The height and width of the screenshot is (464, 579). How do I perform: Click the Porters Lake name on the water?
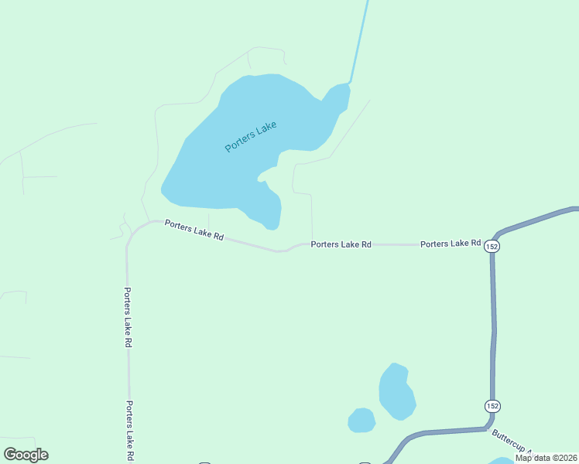tap(250, 136)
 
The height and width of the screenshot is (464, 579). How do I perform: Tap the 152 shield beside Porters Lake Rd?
tap(493, 244)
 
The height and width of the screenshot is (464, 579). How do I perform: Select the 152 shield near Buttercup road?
tap(492, 406)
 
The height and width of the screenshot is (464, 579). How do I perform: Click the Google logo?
tap(26, 455)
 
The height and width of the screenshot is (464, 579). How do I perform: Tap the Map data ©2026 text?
tap(545, 458)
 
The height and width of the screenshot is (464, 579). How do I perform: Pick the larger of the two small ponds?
tap(396, 391)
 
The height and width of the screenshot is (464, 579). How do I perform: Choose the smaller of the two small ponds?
tap(361, 421)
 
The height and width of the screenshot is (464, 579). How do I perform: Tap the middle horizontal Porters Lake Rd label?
tap(341, 244)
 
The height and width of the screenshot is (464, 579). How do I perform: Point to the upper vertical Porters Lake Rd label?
tap(128, 317)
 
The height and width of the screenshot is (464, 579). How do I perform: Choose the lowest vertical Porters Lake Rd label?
tap(130, 430)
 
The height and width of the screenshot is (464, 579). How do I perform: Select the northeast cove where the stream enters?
tap(338, 96)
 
